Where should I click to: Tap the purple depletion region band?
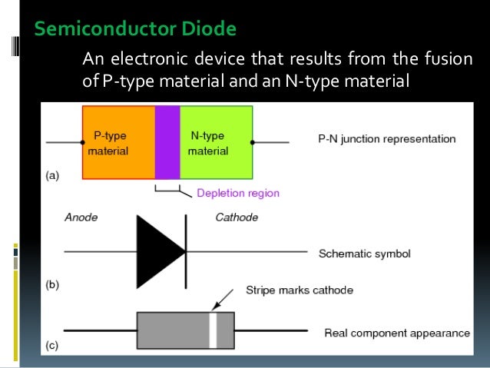tap(167, 142)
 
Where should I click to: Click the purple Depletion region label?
tap(238, 193)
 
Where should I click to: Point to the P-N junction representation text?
tap(386, 140)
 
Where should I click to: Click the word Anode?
tap(80, 217)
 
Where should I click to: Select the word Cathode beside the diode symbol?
tap(236, 217)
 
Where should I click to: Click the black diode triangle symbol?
tap(158, 250)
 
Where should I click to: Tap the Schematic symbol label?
tap(364, 253)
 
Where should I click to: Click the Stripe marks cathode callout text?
tap(299, 290)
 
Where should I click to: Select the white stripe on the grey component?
tap(214, 331)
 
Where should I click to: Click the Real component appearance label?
tap(396, 333)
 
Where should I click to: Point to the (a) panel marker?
tap(52, 176)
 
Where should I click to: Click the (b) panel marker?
tap(52, 284)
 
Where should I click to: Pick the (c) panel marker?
tap(52, 346)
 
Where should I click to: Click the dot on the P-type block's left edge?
tap(83, 142)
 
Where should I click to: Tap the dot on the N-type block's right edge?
tap(253, 142)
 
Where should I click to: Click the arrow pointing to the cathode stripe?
tap(224, 300)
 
